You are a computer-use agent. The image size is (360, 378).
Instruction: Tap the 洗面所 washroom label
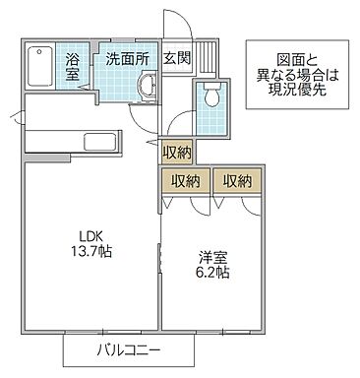(x=127, y=58)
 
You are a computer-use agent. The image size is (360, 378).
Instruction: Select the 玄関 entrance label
(x=176, y=58)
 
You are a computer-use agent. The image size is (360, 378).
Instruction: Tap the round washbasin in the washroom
(x=145, y=90)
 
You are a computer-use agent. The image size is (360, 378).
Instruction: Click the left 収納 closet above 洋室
(x=185, y=180)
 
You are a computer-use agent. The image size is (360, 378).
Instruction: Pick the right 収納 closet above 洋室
(x=237, y=180)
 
